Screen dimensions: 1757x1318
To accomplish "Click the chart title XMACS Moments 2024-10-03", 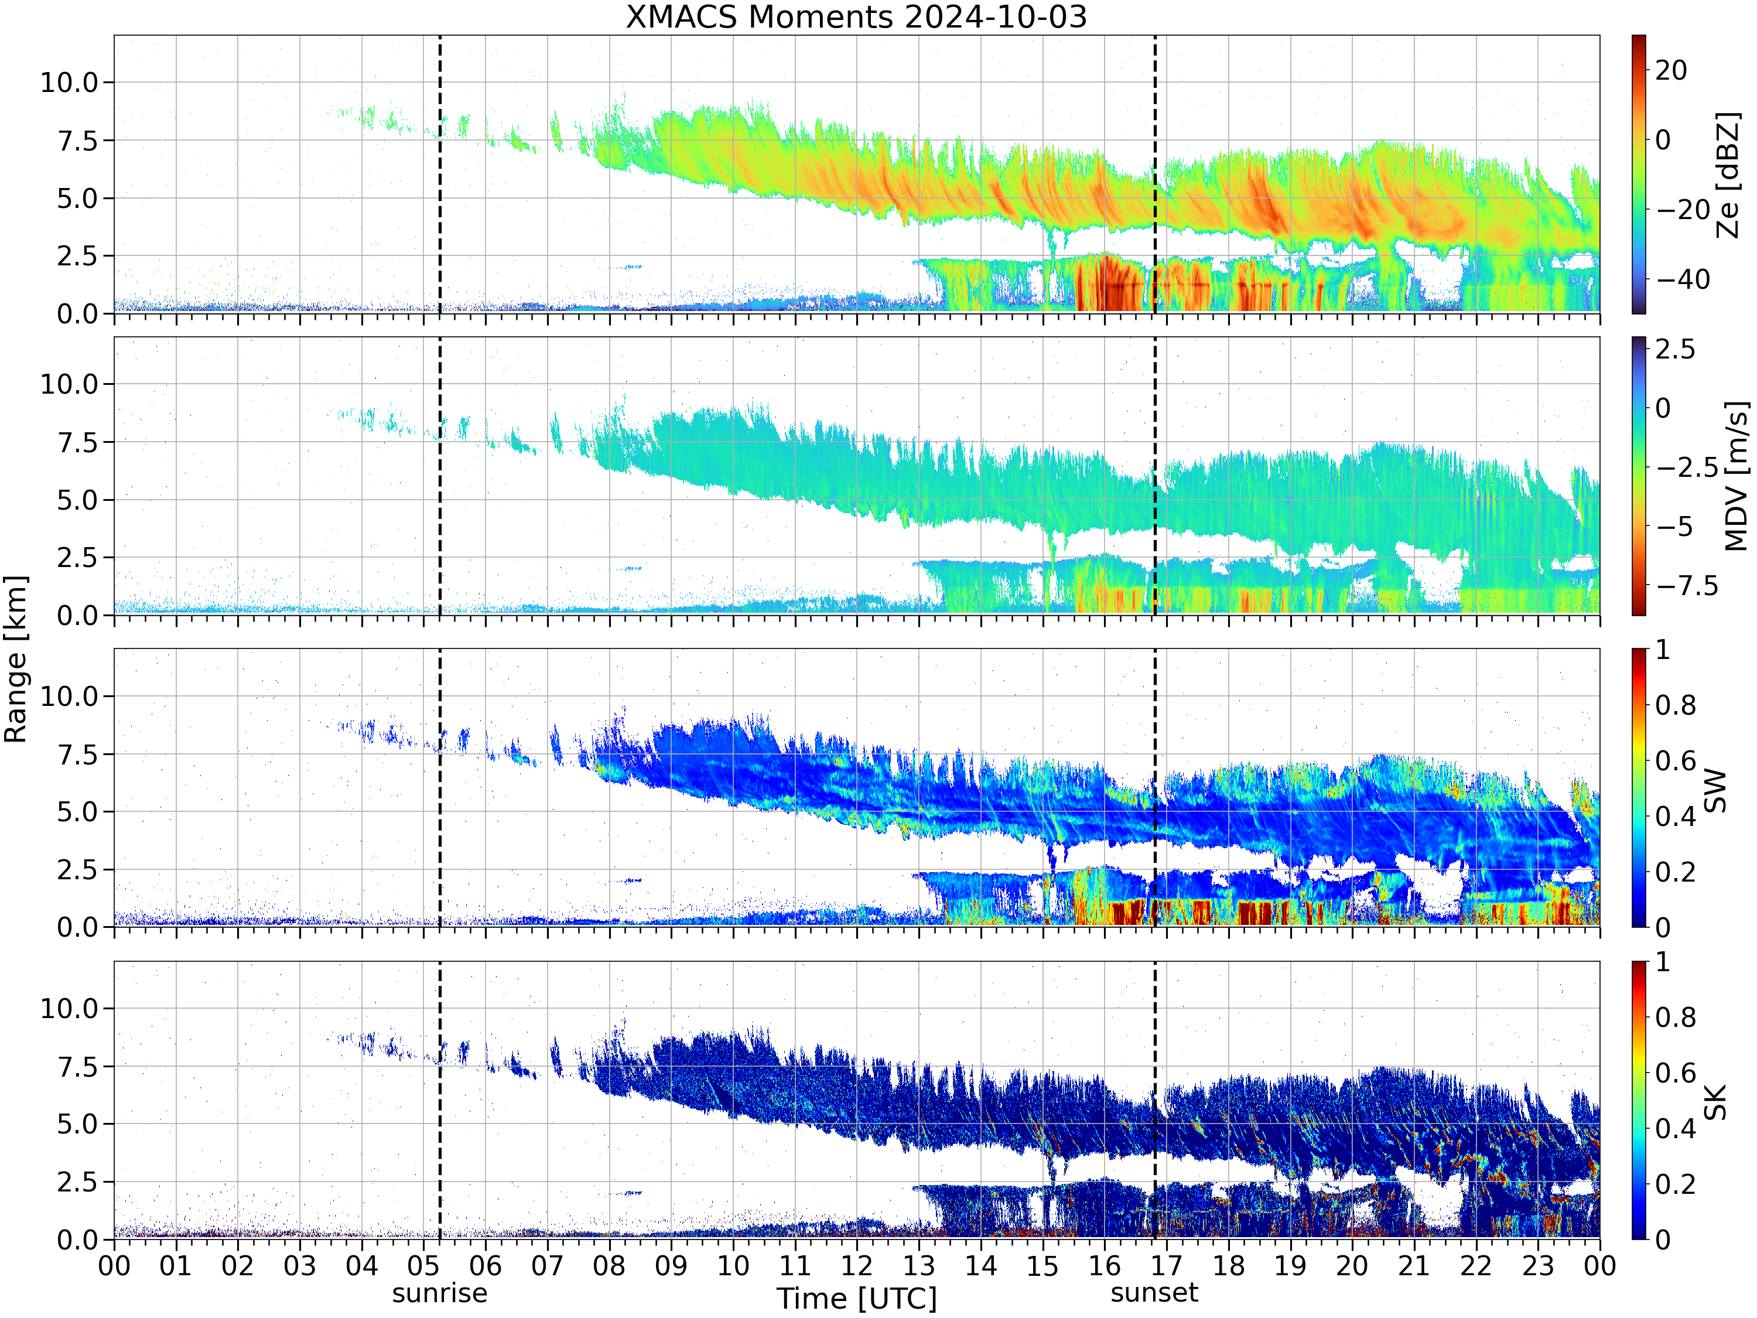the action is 856,16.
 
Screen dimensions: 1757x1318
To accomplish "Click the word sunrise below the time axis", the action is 439,1293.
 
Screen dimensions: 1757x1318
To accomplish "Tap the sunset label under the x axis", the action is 1154,1293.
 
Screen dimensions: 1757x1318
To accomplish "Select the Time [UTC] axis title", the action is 857,1299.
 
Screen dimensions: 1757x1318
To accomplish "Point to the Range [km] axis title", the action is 15,660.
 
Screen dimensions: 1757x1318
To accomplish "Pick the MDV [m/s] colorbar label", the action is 1735,477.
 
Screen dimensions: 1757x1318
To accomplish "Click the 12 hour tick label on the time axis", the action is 857,1265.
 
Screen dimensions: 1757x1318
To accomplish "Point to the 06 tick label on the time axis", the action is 486,1265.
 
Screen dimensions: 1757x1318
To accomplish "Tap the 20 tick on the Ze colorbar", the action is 1671,70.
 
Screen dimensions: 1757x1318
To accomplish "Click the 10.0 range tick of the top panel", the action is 69,82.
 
